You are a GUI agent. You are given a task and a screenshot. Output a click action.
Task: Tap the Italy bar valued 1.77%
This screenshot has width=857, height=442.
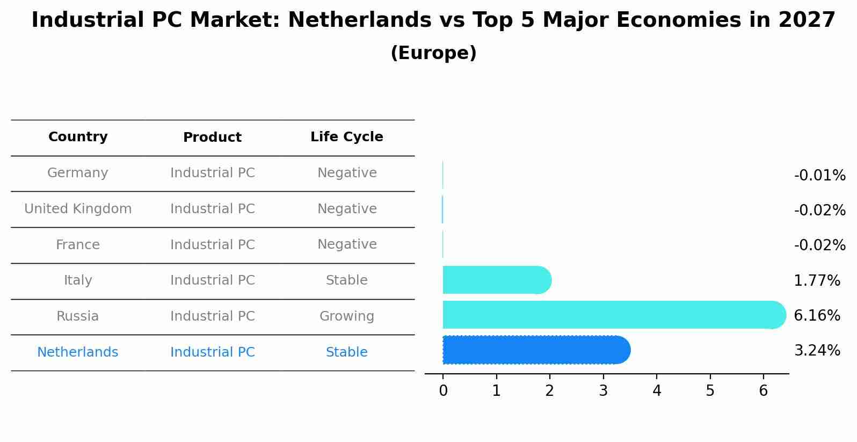tap(497, 280)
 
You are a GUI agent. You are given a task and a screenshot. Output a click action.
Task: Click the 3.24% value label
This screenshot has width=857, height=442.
tap(817, 351)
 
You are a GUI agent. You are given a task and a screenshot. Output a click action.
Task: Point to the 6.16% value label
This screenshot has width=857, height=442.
tap(817, 315)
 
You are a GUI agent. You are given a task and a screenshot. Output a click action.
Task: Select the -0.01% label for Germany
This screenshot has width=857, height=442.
tap(819, 176)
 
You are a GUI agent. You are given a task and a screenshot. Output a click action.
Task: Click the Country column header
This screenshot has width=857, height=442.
tap(78, 137)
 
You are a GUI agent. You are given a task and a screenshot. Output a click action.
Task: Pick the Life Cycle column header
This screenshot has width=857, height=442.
tap(346, 137)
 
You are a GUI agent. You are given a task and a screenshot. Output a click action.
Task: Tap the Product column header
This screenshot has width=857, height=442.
tap(212, 137)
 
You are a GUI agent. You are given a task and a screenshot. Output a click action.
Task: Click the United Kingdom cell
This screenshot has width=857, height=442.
tap(78, 209)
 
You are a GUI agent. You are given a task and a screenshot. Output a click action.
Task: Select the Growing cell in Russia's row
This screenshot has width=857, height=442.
tap(346, 316)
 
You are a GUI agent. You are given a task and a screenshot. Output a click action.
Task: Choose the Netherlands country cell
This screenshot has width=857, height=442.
tap(78, 352)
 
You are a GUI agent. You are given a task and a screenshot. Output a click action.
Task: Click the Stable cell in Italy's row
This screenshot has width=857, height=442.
tap(346, 280)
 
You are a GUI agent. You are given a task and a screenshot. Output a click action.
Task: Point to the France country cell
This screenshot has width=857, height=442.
tap(78, 245)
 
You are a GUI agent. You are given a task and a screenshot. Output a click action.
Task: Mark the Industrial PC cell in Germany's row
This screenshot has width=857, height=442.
tap(212, 173)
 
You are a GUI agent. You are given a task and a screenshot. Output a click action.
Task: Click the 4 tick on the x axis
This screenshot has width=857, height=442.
tap(657, 391)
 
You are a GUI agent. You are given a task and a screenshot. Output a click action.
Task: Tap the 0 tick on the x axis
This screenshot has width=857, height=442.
tap(443, 391)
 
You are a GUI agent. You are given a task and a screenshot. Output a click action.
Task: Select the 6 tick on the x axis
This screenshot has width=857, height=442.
tap(764, 391)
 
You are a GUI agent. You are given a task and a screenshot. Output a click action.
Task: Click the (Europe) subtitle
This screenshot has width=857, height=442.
tap(433, 53)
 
